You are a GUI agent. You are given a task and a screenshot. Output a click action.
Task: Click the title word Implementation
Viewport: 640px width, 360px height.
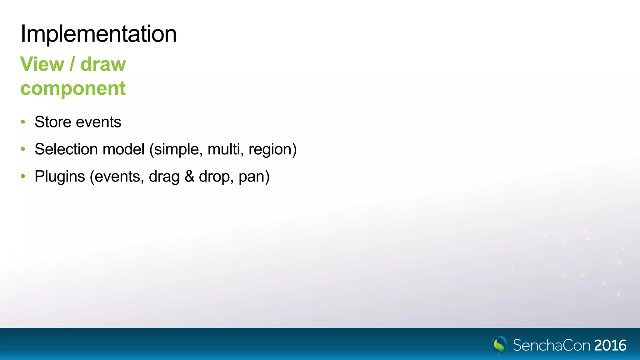(98, 34)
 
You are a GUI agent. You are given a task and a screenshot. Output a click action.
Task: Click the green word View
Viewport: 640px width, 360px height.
(42, 64)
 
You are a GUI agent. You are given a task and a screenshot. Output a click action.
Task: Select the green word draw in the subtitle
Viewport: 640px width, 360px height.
(103, 64)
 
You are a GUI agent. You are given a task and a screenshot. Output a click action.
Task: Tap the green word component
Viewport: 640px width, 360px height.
(73, 88)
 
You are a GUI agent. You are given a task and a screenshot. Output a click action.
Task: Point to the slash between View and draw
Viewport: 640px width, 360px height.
(72, 64)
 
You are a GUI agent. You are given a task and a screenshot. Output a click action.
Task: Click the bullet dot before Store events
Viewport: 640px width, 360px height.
(23, 122)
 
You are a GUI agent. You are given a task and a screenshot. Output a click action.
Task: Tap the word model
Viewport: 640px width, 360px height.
(123, 149)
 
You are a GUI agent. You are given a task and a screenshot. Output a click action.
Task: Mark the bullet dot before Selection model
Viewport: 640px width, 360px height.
(23, 149)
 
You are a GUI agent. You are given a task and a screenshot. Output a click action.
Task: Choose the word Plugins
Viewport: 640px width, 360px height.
(60, 177)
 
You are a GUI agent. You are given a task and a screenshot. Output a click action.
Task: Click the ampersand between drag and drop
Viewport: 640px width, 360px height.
(189, 177)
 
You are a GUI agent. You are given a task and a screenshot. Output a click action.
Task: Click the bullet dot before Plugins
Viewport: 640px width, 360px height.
(23, 177)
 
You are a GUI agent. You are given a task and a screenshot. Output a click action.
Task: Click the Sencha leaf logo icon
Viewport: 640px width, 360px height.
(499, 345)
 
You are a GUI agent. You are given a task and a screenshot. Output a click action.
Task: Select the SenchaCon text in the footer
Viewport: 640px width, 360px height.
(552, 345)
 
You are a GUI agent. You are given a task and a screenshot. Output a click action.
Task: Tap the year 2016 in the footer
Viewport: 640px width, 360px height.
(610, 345)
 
